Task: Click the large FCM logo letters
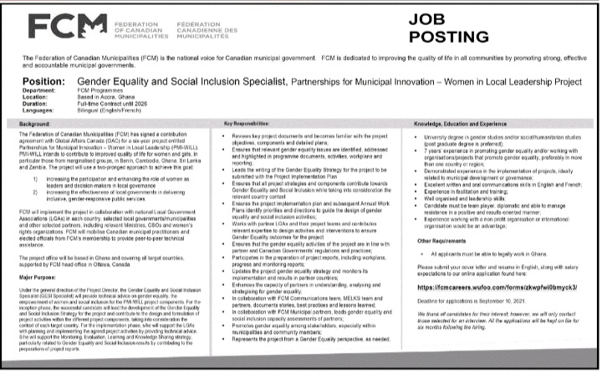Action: coord(55,29)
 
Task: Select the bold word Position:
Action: coord(39,82)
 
